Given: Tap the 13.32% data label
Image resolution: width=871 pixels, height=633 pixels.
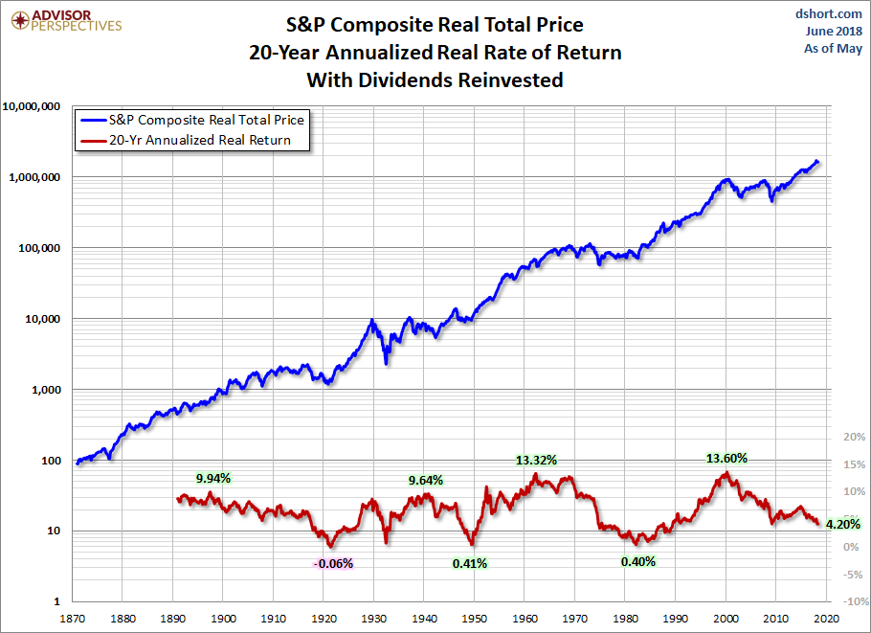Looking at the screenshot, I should (537, 459).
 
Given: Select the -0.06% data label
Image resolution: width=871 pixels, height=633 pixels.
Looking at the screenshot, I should (333, 563).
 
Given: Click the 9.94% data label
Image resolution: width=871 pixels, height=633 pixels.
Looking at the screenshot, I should (213, 477).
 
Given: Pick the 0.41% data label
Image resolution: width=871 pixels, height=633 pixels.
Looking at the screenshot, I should (470, 563).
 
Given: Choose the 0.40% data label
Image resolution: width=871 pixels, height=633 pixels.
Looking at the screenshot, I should (637, 561).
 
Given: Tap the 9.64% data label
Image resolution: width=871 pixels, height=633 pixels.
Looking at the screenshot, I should (426, 480).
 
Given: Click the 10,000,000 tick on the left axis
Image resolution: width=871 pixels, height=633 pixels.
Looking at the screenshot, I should (33, 106).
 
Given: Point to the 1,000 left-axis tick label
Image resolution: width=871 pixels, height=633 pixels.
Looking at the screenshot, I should (45, 390).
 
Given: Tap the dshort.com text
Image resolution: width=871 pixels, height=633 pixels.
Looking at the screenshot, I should (830, 14).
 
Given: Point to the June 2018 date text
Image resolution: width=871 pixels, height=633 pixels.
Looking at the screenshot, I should (831, 31).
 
